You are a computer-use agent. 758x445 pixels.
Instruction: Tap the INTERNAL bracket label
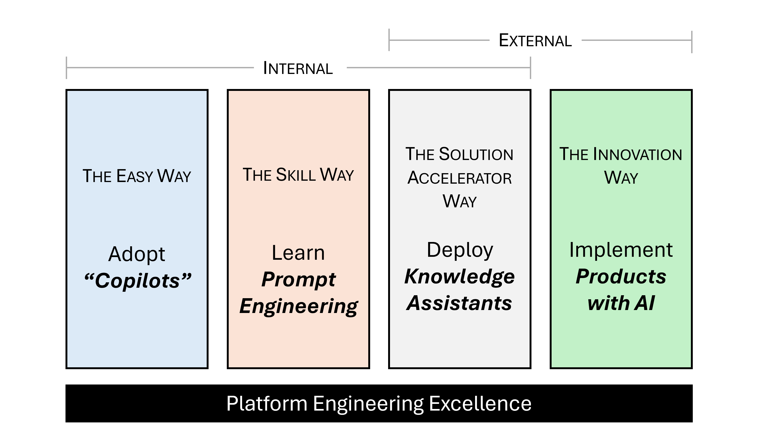[x=298, y=68]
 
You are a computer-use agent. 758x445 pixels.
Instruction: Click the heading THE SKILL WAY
[x=298, y=175]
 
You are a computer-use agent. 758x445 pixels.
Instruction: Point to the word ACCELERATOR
[x=459, y=178]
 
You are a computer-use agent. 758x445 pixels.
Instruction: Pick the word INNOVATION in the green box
[x=637, y=155]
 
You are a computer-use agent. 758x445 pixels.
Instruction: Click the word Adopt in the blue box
[x=137, y=254]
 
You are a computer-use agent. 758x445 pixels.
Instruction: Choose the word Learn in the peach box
[x=298, y=252]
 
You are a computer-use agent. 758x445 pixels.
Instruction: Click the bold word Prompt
[x=298, y=279]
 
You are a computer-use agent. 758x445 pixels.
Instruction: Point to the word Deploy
[x=460, y=250]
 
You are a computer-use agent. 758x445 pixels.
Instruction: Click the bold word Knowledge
[x=459, y=277]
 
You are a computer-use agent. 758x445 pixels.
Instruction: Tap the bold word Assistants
[x=459, y=303]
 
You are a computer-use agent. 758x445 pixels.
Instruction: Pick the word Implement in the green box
[x=621, y=250]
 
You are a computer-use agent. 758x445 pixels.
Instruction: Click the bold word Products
[x=621, y=277]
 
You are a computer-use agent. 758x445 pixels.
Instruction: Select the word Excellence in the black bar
[x=480, y=403]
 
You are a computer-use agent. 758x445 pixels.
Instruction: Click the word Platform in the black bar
[x=267, y=403]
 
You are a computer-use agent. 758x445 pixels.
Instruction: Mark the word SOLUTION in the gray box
[x=476, y=154]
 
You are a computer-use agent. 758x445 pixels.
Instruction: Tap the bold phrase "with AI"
[x=621, y=303]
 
